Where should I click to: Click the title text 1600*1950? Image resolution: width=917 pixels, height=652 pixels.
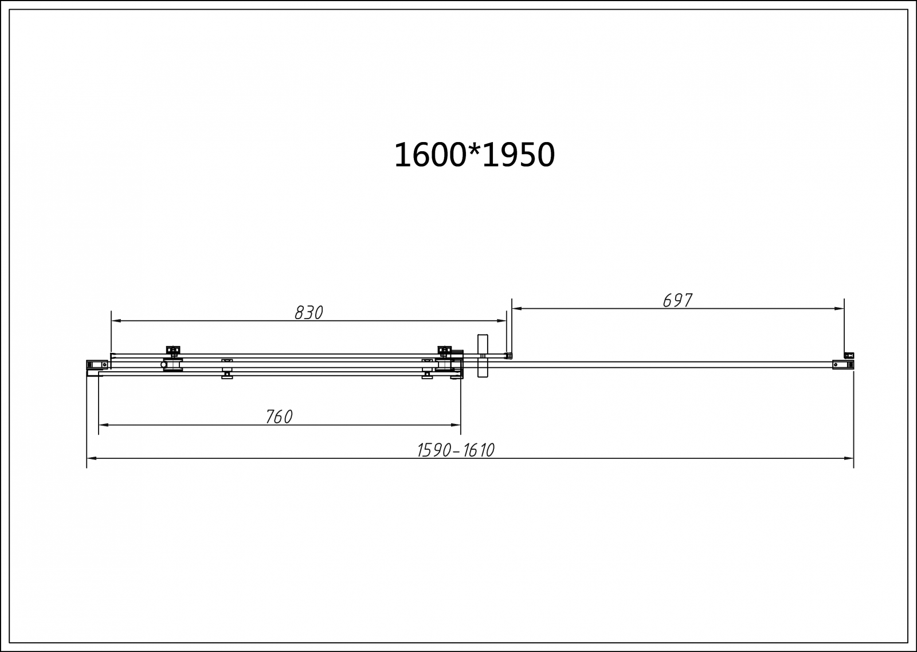pos(474,155)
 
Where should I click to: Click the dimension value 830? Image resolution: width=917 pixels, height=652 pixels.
pos(309,313)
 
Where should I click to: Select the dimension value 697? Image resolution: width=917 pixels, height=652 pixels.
pos(677,301)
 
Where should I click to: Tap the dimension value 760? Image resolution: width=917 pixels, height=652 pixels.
pos(279,417)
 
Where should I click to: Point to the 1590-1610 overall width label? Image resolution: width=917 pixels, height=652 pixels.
pos(456,451)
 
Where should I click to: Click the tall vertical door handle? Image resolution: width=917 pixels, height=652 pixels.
pos(483,356)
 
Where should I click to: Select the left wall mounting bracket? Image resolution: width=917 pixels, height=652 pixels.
pos(97,364)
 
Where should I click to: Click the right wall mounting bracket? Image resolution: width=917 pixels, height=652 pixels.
pos(843,364)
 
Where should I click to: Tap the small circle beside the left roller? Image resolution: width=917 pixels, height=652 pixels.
pos(163,365)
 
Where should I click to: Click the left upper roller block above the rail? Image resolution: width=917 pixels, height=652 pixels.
pos(173,351)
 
